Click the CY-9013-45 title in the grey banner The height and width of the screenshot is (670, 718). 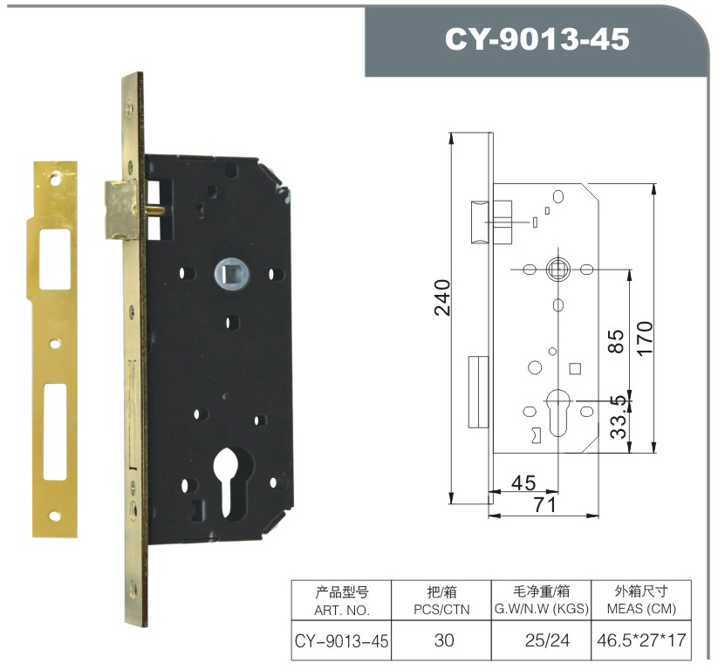click(537, 39)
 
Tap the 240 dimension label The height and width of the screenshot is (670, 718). click(443, 297)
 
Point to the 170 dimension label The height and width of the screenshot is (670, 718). click(645, 338)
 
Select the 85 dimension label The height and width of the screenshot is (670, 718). click(616, 341)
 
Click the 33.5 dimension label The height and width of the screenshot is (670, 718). click(619, 417)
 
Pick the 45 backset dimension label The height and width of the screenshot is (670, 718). click(523, 483)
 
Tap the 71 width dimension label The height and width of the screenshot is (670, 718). click(545, 504)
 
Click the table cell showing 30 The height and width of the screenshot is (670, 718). click(444, 640)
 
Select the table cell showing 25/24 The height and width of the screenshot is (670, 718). click(547, 640)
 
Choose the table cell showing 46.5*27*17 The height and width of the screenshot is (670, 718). click(641, 639)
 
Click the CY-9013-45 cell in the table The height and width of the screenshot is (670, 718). click(342, 640)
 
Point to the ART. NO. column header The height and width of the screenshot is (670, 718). click(342, 611)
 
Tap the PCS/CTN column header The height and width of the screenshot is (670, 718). click(441, 610)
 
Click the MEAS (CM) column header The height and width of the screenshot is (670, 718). click(641, 609)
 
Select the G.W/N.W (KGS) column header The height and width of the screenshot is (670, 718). click(541, 609)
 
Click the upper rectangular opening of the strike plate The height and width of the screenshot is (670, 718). click(55, 259)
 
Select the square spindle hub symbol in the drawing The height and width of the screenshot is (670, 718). click(557, 269)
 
